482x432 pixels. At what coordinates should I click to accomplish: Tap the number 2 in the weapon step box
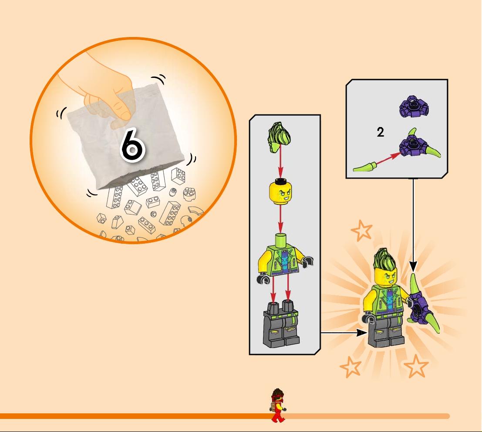380,132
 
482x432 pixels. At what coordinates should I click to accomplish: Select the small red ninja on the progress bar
278,405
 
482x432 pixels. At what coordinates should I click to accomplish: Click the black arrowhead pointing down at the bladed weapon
413,266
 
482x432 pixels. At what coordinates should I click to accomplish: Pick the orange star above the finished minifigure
361,230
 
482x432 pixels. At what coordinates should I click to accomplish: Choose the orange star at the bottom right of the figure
416,366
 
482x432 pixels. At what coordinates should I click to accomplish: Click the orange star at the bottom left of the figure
351,366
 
